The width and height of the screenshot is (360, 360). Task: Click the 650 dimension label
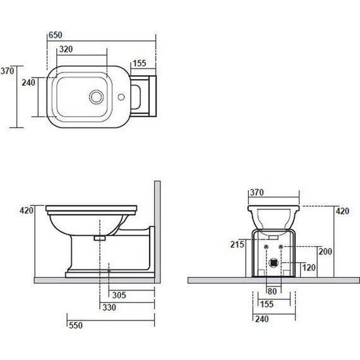(56, 35)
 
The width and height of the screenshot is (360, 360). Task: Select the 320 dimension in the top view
(66, 49)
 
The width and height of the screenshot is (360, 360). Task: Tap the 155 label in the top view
(140, 63)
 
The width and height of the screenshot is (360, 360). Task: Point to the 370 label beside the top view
(7, 71)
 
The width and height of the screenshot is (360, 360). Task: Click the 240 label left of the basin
(28, 83)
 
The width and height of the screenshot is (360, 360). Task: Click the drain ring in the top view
(97, 97)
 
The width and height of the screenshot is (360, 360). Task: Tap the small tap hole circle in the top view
(121, 97)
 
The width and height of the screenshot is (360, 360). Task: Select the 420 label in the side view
(27, 210)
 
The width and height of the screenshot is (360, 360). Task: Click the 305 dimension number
(119, 295)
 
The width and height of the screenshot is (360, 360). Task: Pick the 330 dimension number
(109, 308)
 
